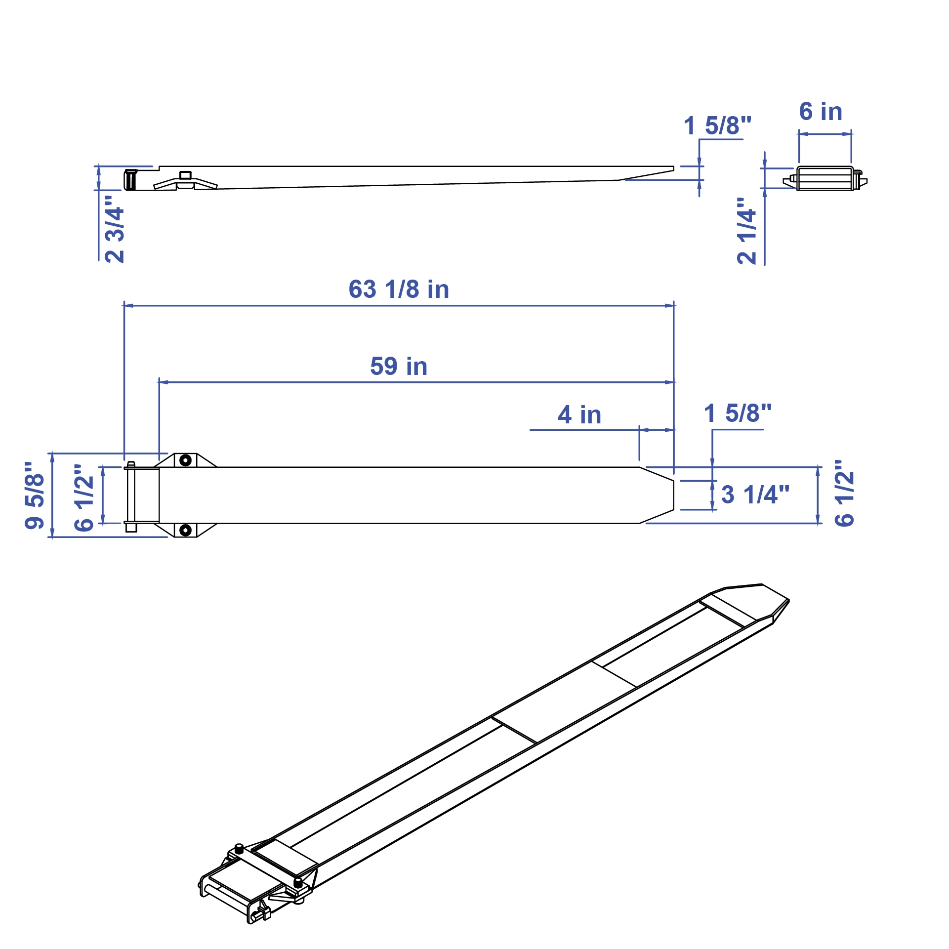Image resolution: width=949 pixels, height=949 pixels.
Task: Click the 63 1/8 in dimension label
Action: point(399,289)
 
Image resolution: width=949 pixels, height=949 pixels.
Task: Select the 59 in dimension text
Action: point(399,367)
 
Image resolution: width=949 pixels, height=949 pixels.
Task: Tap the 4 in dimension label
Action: point(579,415)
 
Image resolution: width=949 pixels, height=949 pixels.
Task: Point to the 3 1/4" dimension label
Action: point(755,495)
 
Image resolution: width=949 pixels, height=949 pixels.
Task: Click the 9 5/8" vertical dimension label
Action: point(35,495)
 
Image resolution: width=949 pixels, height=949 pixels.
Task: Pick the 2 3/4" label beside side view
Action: point(115,229)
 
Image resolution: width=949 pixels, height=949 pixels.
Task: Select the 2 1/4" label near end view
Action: point(746,231)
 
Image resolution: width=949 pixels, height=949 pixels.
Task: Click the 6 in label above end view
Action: point(821,112)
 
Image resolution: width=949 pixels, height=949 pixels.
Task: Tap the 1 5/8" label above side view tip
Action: point(717,125)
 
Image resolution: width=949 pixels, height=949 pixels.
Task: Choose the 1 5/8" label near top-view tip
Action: point(738,413)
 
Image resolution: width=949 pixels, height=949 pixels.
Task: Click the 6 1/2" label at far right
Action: point(844,494)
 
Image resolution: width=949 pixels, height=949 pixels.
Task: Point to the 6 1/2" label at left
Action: point(84,497)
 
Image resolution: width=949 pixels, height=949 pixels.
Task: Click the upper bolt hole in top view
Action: point(185,460)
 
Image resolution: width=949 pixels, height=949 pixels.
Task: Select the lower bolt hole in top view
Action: point(185,530)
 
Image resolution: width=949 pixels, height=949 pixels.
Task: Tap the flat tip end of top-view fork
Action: point(673,495)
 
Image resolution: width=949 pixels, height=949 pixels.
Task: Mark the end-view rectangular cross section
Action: point(824,178)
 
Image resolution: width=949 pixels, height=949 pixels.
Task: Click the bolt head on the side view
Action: point(185,175)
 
